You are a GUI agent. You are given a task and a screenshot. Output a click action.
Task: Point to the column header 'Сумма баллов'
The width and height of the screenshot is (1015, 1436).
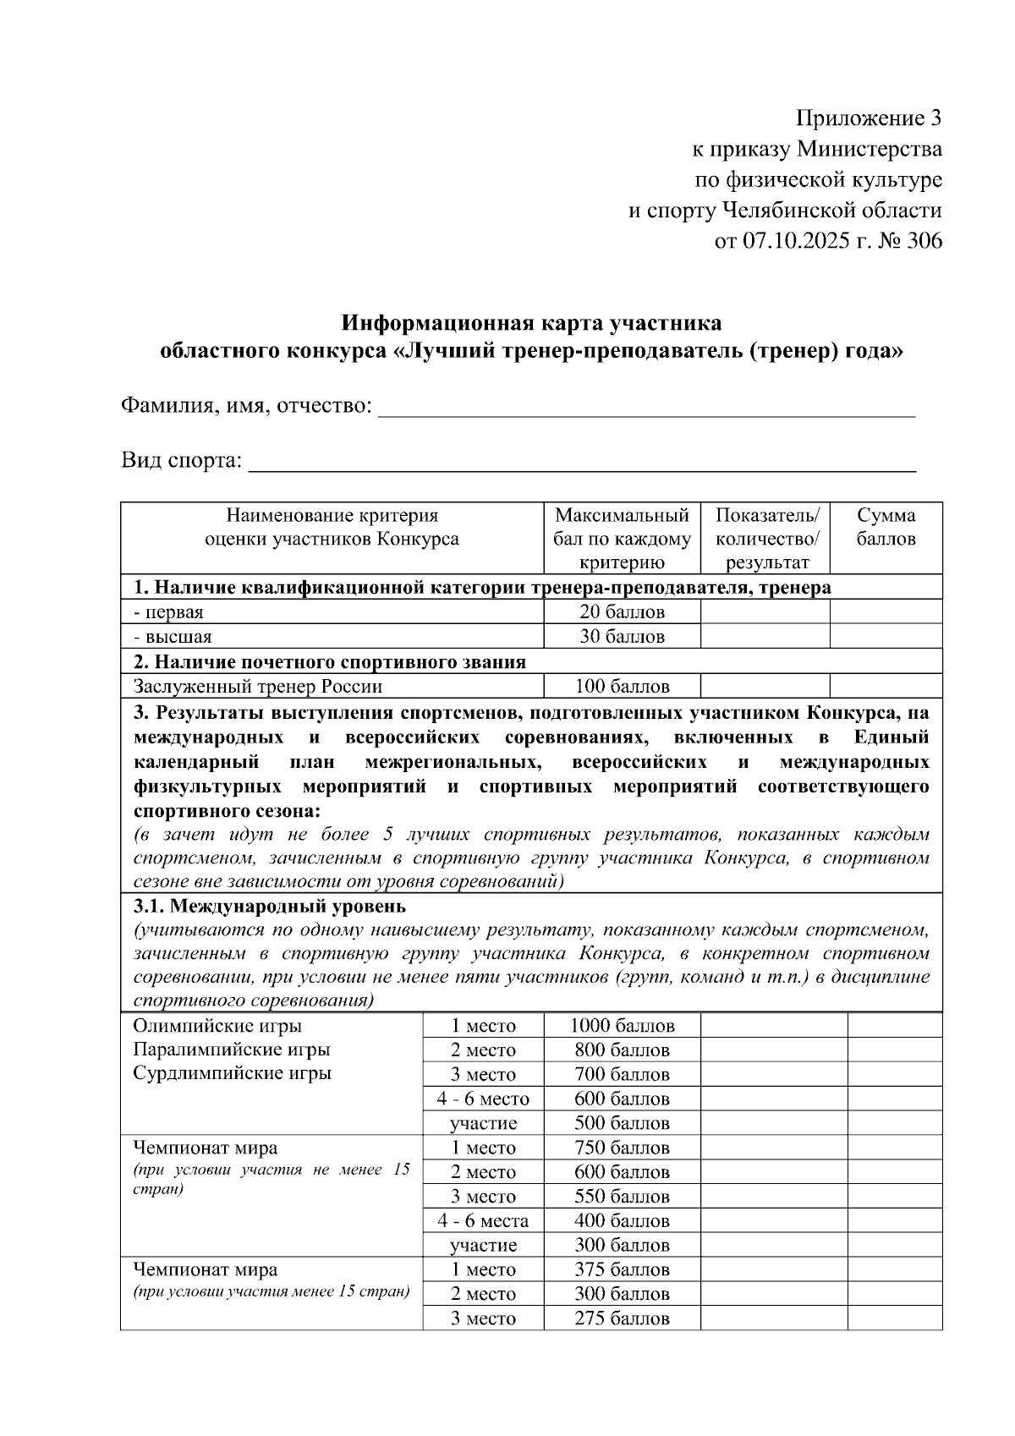pos(886,527)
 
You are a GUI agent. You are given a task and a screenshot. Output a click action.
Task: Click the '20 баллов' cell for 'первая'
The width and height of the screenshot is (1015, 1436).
pos(622,611)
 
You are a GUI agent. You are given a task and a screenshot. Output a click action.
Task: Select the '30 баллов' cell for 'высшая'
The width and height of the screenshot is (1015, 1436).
pos(622,636)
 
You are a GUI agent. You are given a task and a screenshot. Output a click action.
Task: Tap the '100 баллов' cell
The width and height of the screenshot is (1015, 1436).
pos(622,686)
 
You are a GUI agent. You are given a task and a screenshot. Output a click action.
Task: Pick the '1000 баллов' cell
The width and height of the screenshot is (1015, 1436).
pos(622,1026)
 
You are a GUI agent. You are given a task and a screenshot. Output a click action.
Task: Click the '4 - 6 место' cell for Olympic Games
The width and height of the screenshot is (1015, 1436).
pos(482,1099)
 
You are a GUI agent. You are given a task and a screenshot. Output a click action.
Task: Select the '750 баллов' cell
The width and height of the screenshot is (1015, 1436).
pos(622,1148)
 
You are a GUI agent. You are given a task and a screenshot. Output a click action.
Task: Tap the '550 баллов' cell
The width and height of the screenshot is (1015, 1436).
pos(622,1197)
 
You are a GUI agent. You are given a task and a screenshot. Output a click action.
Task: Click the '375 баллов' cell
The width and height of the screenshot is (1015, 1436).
pos(622,1269)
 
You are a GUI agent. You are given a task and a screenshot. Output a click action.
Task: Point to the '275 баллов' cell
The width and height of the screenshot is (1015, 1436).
pos(622,1318)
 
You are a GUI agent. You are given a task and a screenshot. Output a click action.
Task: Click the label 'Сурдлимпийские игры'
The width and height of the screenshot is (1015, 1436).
pos(233,1073)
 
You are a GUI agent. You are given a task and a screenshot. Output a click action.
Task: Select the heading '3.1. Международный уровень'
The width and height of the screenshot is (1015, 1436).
pos(270,907)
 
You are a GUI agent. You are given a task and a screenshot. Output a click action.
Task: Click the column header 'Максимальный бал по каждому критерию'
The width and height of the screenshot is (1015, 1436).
pos(622,539)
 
